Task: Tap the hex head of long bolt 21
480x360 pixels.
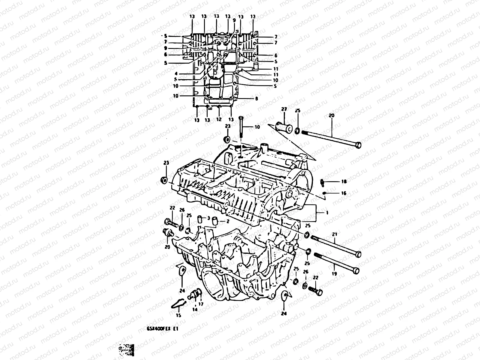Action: pyautogui.click(x=357, y=254)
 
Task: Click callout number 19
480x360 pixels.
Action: pyautogui.click(x=334, y=274)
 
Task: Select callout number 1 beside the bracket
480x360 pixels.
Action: pyautogui.click(x=327, y=212)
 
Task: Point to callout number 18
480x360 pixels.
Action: pyautogui.click(x=344, y=181)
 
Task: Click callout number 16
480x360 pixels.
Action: pyautogui.click(x=344, y=193)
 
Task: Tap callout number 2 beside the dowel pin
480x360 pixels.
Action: pyautogui.click(x=228, y=221)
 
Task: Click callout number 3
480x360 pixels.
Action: pyautogui.click(x=208, y=218)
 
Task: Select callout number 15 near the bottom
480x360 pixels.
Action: pyautogui.click(x=178, y=315)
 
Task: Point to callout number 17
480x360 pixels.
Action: pyautogui.click(x=201, y=304)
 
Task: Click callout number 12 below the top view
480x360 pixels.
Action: pyautogui.click(x=219, y=119)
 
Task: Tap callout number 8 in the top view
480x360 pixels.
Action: pyautogui.click(x=256, y=98)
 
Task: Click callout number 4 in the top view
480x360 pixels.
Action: pyautogui.click(x=176, y=73)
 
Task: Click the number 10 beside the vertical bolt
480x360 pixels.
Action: pyautogui.click(x=257, y=127)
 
